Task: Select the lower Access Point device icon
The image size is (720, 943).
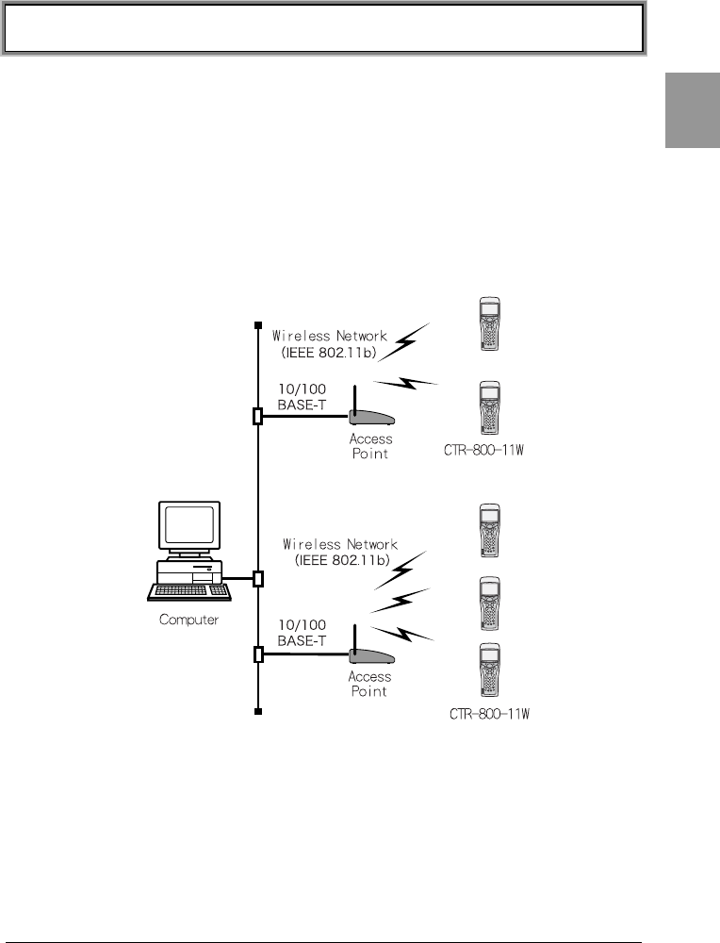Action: [x=369, y=655]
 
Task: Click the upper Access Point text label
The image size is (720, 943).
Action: [x=369, y=446]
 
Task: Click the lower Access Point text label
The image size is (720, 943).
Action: [x=369, y=684]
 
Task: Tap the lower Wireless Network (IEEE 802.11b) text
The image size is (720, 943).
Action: [x=340, y=552]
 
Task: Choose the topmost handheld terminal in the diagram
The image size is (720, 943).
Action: [x=488, y=324]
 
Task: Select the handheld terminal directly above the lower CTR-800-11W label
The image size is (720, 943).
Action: [x=488, y=672]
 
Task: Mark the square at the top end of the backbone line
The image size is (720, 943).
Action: [x=257, y=327]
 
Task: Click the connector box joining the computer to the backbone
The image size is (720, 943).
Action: [x=257, y=578]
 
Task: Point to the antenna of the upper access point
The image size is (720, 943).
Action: [x=353, y=398]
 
